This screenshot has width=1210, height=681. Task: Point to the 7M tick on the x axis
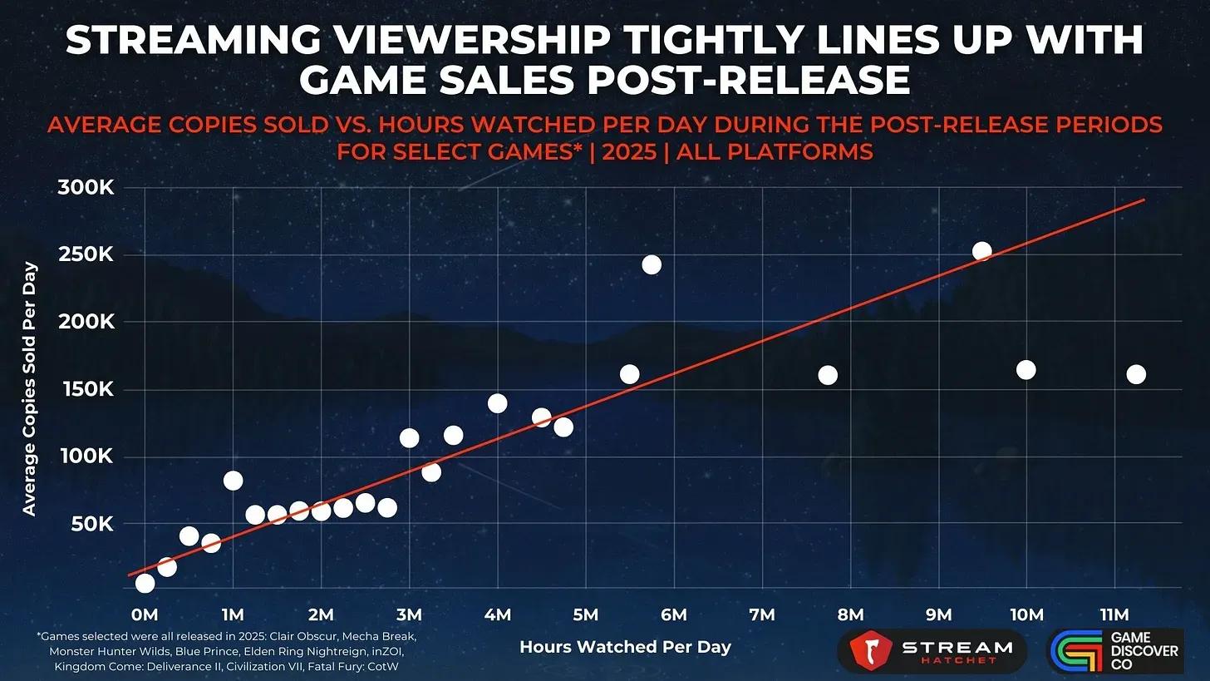[761, 614]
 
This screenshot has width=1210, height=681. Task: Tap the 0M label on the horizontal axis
[145, 614]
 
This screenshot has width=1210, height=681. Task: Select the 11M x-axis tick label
[1114, 614]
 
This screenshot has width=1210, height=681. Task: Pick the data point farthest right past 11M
[1136, 374]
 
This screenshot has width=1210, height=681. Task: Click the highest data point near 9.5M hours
[982, 251]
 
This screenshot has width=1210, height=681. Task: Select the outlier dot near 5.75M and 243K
[652, 264]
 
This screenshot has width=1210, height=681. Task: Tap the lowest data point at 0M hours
[145, 583]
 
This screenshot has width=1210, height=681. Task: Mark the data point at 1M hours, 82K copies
[233, 481]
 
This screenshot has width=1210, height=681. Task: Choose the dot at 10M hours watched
[1026, 370]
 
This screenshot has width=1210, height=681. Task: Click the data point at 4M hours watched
[497, 403]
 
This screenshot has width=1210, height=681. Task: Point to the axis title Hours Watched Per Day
[625, 647]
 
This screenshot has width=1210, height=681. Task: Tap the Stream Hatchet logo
[932, 651]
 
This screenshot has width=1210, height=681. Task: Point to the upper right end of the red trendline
[1144, 200]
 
